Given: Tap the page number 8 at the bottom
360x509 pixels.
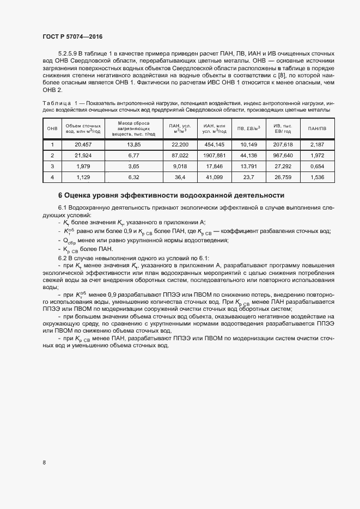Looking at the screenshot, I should pyautogui.click(x=44, y=463).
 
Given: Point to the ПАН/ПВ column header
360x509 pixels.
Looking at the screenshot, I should pyautogui.click(x=316, y=128).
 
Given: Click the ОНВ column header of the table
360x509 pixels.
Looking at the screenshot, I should pyautogui.click(x=52, y=128).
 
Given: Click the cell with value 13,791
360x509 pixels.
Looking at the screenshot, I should pyautogui.click(x=248, y=165).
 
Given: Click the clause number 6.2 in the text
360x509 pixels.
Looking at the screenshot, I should pyautogui.click(x=63, y=257).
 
